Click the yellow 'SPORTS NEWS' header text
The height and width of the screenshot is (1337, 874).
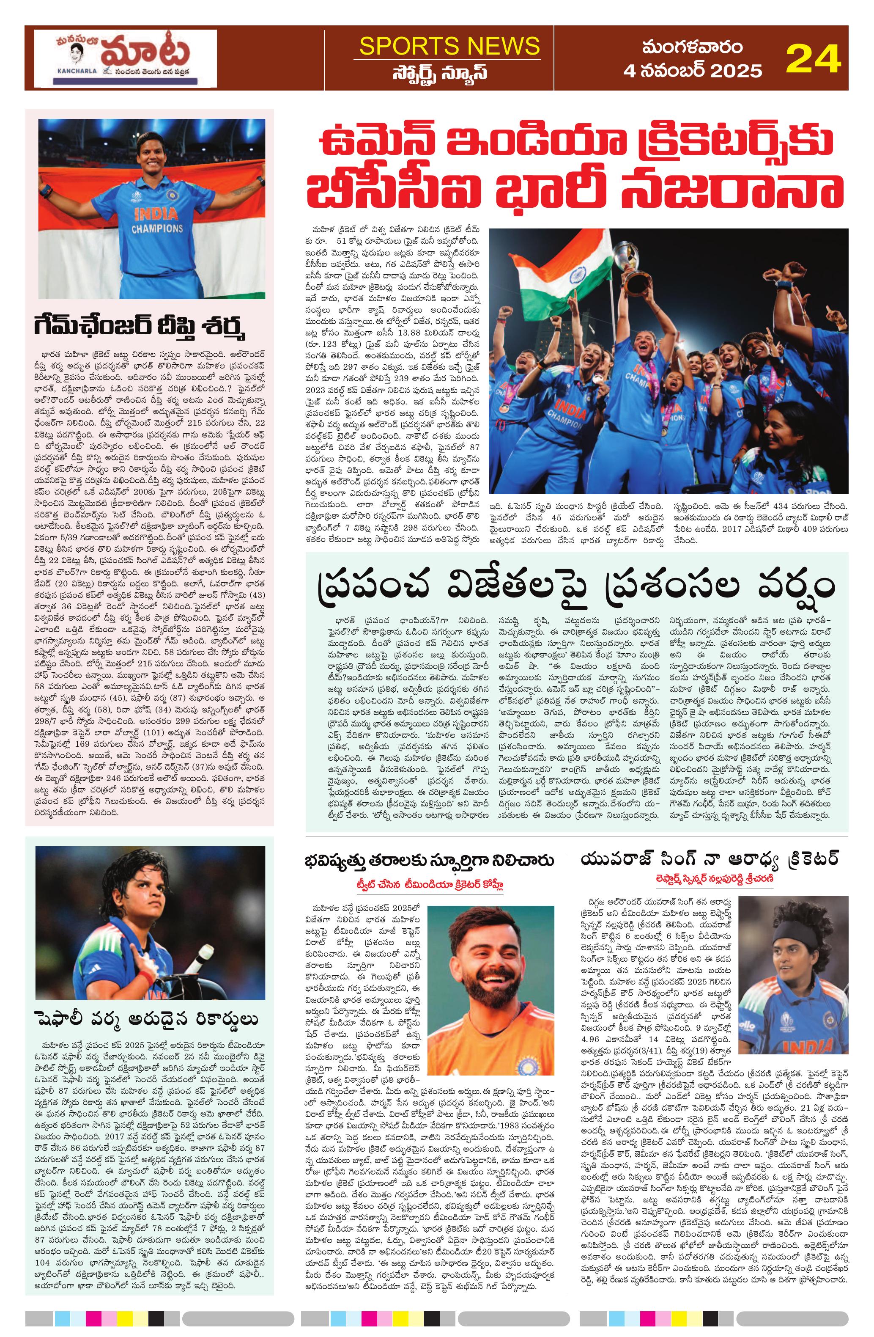point(449,46)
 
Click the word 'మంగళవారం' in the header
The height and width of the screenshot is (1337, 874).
point(693,47)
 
